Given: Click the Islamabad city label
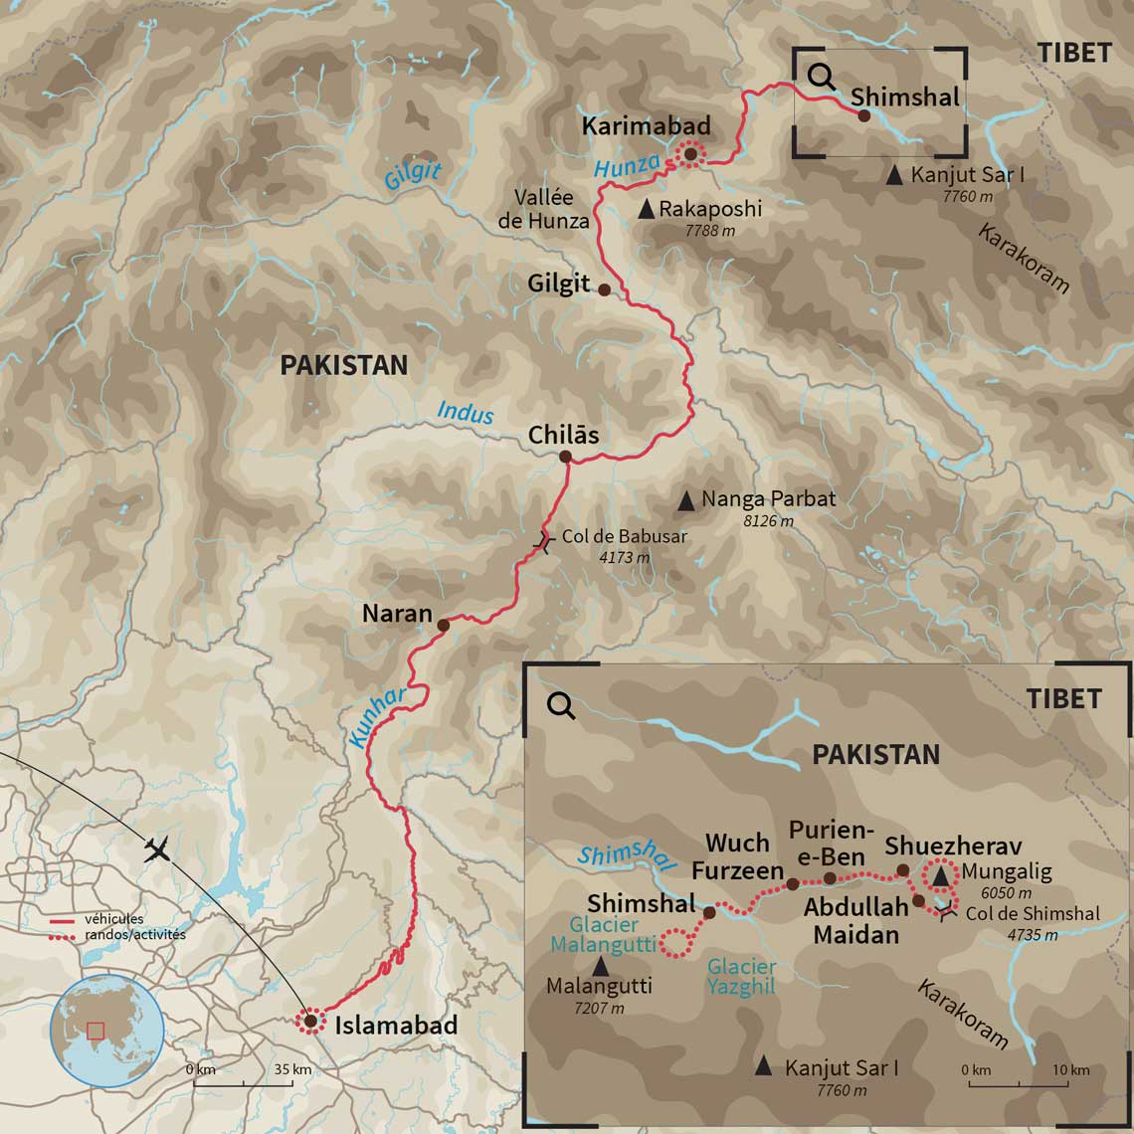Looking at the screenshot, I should [x=396, y=1026].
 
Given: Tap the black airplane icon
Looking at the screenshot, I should [x=157, y=850].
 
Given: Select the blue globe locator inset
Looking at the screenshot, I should [x=107, y=1030].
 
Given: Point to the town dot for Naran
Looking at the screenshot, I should [x=444, y=625].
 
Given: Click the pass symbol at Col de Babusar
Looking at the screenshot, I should [x=542, y=543].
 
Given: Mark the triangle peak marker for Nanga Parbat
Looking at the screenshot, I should [x=686, y=500].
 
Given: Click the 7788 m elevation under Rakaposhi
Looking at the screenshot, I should [x=710, y=231].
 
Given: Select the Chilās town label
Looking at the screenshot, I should [x=564, y=435].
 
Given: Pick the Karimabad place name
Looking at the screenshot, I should [x=647, y=125].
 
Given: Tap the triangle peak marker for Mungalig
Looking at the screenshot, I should [x=940, y=873].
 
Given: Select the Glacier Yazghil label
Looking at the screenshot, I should [x=741, y=975].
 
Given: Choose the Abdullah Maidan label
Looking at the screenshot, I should [x=856, y=920].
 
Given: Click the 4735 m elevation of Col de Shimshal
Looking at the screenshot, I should [x=1033, y=935].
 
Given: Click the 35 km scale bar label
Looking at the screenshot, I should [x=293, y=1070].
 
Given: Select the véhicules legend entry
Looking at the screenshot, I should [x=113, y=919].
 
